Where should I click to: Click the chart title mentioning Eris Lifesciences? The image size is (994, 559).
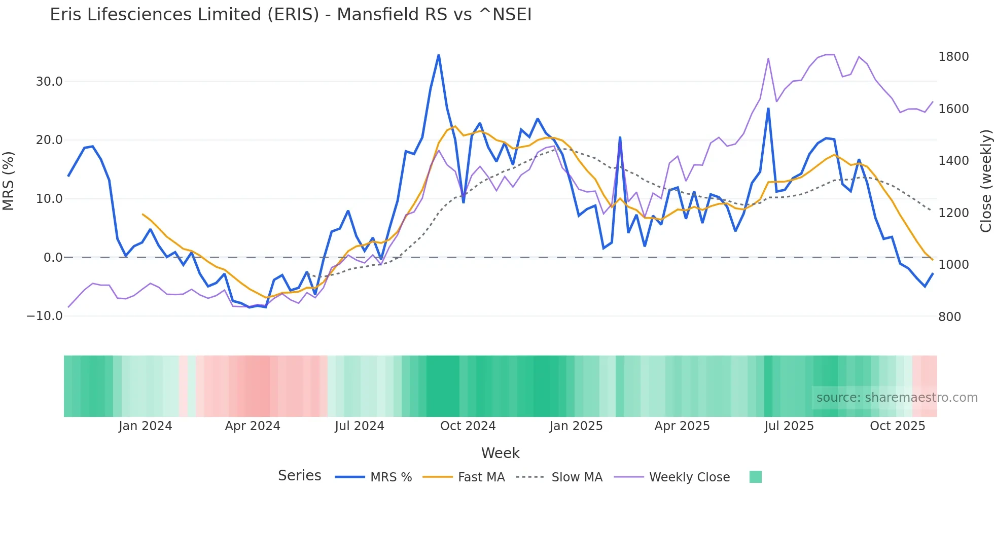tap(290, 15)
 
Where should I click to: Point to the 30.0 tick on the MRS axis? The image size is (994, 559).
tap(49, 82)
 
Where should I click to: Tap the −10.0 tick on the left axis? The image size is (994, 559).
tap(45, 316)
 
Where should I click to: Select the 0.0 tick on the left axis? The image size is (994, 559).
tap(53, 258)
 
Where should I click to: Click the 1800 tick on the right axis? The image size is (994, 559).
tap(953, 57)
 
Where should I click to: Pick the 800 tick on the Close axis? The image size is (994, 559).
tap(949, 317)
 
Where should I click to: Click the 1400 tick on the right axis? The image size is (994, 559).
tap(953, 161)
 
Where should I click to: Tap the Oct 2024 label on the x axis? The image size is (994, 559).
tap(468, 426)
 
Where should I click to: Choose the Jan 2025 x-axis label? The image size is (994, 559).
tap(576, 426)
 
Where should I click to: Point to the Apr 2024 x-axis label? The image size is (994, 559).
tap(253, 426)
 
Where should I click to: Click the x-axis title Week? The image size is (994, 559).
tap(500, 453)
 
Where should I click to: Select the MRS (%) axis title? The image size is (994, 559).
tap(9, 181)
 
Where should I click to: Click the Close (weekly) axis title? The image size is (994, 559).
tap(985, 181)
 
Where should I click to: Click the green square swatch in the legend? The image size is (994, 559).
tap(755, 477)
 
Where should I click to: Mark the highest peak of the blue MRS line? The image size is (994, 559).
tap(439, 55)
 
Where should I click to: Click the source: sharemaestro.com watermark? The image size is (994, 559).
tap(897, 398)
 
